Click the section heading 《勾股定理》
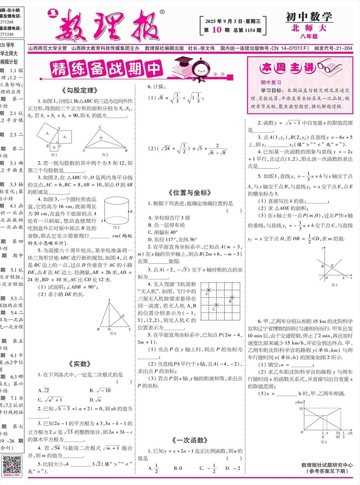80,90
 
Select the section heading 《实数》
80,364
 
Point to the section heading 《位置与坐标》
190,193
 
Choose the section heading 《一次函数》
190,440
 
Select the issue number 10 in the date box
217,30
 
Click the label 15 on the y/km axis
301,408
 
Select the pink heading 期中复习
271,83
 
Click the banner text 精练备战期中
107,69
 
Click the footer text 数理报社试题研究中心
327,465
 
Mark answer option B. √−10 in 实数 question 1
100,390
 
